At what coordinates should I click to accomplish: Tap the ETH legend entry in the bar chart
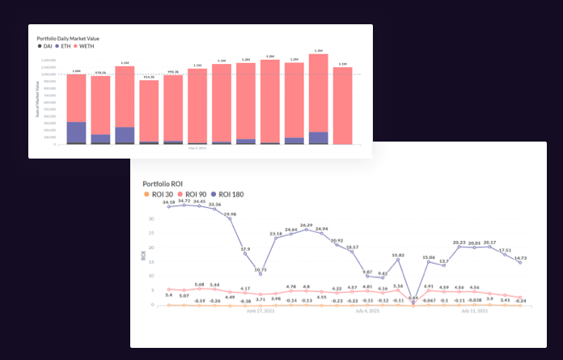[63, 46]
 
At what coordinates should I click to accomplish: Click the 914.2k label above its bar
[149, 77]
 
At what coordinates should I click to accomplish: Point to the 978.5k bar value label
[100, 73]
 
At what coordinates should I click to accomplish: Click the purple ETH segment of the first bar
[76, 132]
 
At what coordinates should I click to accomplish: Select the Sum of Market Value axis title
[37, 110]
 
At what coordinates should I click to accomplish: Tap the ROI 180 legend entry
[227, 194]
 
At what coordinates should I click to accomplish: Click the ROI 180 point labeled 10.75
[260, 273]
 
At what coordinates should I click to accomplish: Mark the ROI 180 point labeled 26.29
[307, 230]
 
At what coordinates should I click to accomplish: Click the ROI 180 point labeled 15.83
[398, 260]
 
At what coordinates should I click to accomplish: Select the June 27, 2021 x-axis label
[260, 311]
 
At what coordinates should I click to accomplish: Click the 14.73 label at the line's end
[520, 256]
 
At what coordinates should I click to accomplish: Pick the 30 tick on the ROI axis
[152, 218]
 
